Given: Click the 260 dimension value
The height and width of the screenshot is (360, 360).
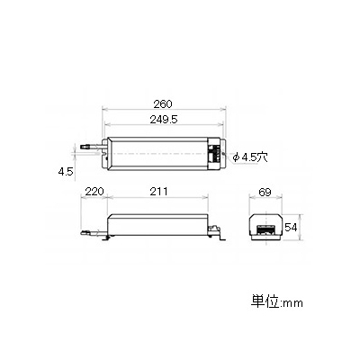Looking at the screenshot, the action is (163, 104).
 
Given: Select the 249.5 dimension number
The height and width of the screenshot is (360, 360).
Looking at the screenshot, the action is (164, 120).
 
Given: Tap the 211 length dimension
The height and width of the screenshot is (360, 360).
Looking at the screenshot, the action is (158, 192).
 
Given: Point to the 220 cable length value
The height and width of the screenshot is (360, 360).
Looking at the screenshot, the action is (94, 192).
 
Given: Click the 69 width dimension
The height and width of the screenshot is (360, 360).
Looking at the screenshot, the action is (265, 192).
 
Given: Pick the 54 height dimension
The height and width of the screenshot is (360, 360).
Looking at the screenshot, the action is (291, 227).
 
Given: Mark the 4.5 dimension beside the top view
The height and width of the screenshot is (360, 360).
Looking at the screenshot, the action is (66, 172).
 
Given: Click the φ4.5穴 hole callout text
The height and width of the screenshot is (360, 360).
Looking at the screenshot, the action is (250, 157).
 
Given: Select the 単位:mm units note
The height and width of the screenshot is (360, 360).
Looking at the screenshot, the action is (277, 302).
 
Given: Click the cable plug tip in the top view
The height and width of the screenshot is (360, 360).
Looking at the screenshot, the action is (85, 148).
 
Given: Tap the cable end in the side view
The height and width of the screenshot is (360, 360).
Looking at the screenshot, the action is (85, 232).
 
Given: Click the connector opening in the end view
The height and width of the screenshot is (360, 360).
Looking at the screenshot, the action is (265, 229).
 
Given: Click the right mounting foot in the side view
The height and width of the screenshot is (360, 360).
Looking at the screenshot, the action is (222, 238).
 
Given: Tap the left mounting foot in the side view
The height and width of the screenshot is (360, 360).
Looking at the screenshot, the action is (105, 237).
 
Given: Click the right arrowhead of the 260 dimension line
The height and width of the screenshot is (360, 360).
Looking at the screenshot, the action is (223, 109).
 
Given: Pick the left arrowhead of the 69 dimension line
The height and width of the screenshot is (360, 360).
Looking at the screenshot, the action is (252, 197).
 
